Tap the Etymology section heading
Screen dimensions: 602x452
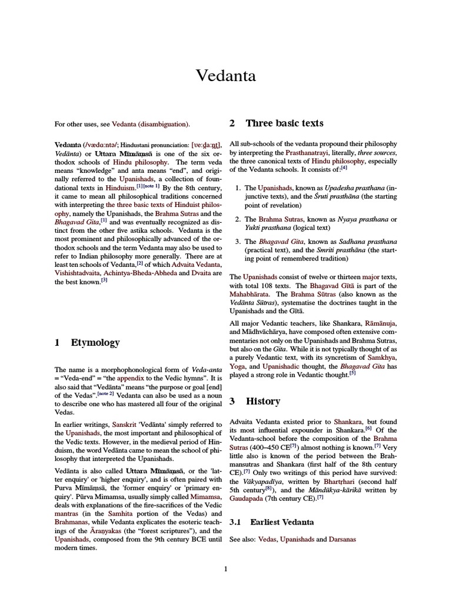point(95,342)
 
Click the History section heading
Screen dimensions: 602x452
point(263,401)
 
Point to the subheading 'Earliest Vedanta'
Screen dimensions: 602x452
point(282,521)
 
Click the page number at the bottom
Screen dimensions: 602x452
point(225,568)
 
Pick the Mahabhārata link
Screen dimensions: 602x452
point(250,294)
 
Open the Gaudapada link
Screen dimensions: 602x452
point(250,497)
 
